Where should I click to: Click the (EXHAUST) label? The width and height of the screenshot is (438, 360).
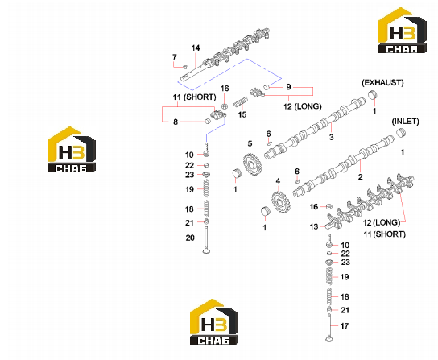coord(382,83)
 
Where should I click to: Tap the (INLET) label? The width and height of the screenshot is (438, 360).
coord(405,122)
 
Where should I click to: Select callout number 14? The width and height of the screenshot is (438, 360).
coord(196,48)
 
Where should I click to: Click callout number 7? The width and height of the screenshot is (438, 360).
coord(175,57)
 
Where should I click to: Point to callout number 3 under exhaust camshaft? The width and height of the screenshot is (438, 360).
coord(331,137)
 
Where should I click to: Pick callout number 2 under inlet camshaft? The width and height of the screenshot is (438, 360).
coord(361,176)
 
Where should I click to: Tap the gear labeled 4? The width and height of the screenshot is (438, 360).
coord(280,203)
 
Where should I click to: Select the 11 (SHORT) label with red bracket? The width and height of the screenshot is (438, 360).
coord(194,97)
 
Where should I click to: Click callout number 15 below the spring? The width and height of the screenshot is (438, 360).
coord(242,114)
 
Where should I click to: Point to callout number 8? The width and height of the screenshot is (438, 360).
coord(176,122)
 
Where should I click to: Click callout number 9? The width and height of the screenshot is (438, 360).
coord(288,87)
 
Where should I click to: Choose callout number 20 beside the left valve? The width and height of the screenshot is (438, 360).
coord(190,238)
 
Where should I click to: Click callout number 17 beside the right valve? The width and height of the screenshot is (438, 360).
coord(345,326)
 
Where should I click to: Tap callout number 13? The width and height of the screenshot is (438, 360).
coord(314,226)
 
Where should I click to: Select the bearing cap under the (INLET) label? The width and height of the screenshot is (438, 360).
coord(401,132)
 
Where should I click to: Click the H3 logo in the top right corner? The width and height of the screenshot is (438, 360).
coord(403,31)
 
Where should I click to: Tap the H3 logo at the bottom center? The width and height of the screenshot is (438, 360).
coord(214,321)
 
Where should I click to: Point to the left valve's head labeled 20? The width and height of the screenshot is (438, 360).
coord(206,251)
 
